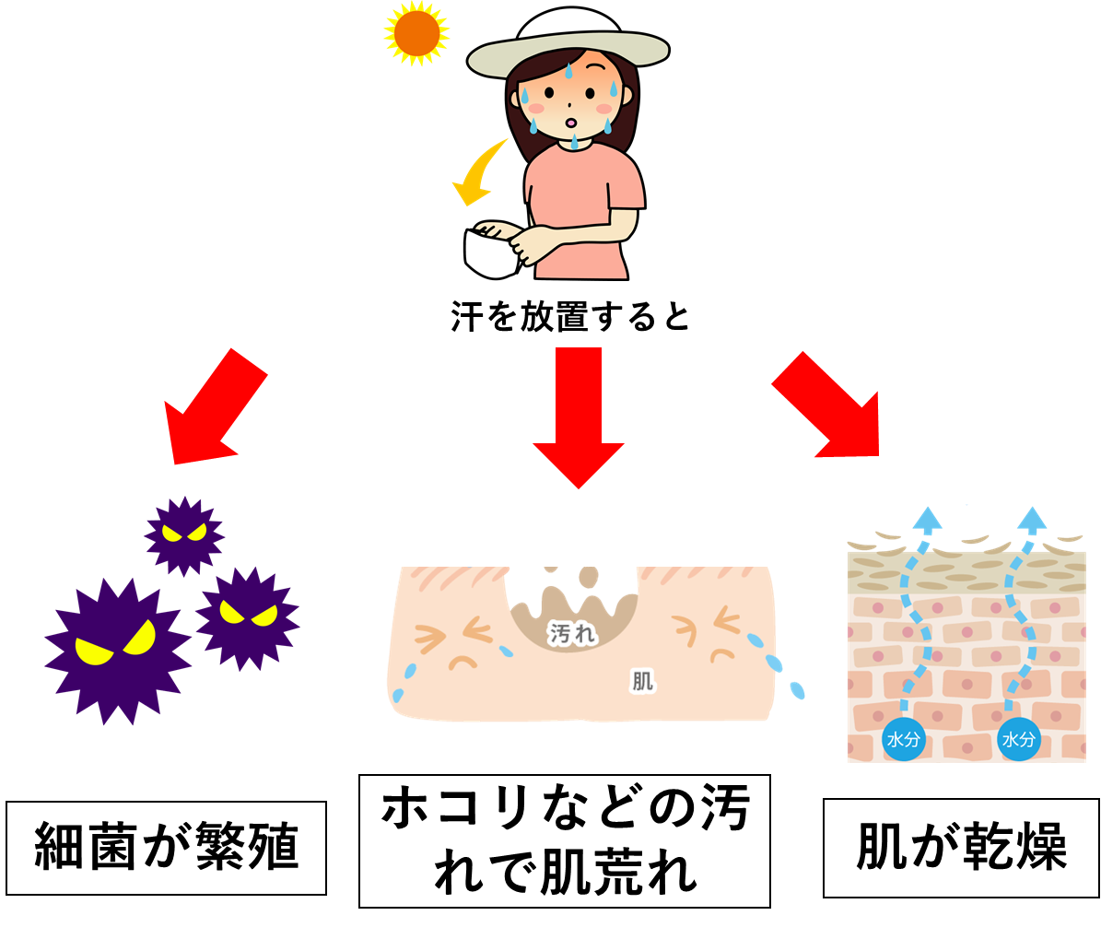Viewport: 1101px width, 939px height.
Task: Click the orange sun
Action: pos(416,33)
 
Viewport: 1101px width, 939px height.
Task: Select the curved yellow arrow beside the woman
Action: pos(479,174)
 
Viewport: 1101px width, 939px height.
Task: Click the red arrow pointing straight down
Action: pos(579,415)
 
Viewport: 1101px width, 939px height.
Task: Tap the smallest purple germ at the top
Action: pos(184,535)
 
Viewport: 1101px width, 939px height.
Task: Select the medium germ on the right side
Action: pos(248,617)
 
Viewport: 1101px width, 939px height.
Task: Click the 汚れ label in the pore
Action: pos(572,633)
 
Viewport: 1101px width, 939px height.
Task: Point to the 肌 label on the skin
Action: pos(642,681)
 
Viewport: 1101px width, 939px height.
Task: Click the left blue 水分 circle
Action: pos(904,739)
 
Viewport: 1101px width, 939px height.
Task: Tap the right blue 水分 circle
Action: pos(1019,739)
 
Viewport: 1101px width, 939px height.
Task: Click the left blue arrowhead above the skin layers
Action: pos(927,518)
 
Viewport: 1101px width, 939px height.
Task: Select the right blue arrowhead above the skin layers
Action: pos(1033,518)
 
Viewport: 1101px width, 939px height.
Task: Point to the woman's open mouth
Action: pos(570,123)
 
